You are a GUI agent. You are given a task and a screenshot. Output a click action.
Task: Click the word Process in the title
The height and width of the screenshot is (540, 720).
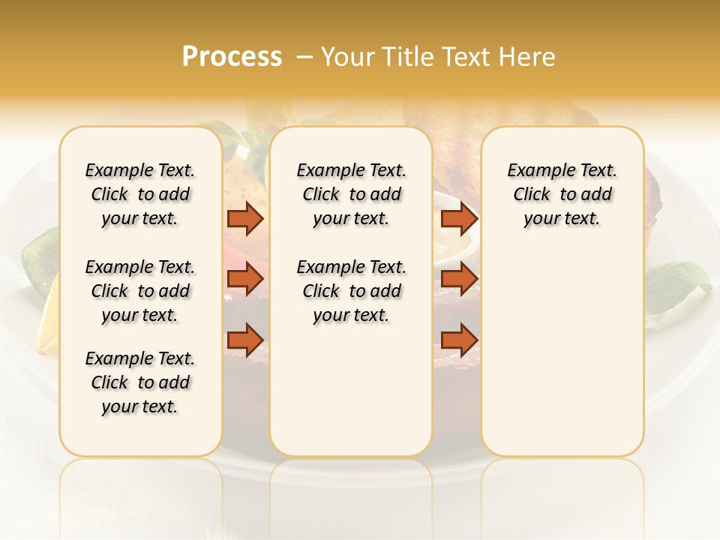tap(232, 57)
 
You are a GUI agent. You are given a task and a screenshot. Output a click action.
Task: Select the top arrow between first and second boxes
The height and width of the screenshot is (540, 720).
tap(245, 219)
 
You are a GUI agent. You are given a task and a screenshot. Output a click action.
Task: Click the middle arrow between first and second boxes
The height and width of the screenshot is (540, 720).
tap(245, 279)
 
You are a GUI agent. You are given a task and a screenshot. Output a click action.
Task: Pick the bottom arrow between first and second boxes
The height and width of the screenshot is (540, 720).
tap(245, 340)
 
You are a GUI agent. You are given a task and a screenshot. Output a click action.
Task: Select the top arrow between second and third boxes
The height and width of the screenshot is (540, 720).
tap(459, 219)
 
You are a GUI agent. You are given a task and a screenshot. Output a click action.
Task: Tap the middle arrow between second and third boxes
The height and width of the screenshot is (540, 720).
tap(459, 279)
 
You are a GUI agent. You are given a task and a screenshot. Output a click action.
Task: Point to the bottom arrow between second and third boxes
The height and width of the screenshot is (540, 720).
tap(459, 340)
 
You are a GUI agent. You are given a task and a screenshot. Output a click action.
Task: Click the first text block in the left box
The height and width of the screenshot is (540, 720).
tap(140, 194)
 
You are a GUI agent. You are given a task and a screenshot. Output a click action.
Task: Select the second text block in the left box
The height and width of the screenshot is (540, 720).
tap(140, 291)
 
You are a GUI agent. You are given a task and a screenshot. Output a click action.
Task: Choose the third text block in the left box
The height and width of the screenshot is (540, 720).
tap(140, 382)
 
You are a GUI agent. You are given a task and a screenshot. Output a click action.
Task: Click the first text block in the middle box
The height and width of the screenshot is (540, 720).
tap(351, 194)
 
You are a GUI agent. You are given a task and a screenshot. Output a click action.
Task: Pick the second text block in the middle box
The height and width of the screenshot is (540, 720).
tap(351, 291)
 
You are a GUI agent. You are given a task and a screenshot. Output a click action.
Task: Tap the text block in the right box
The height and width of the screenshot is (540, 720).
tap(562, 194)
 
